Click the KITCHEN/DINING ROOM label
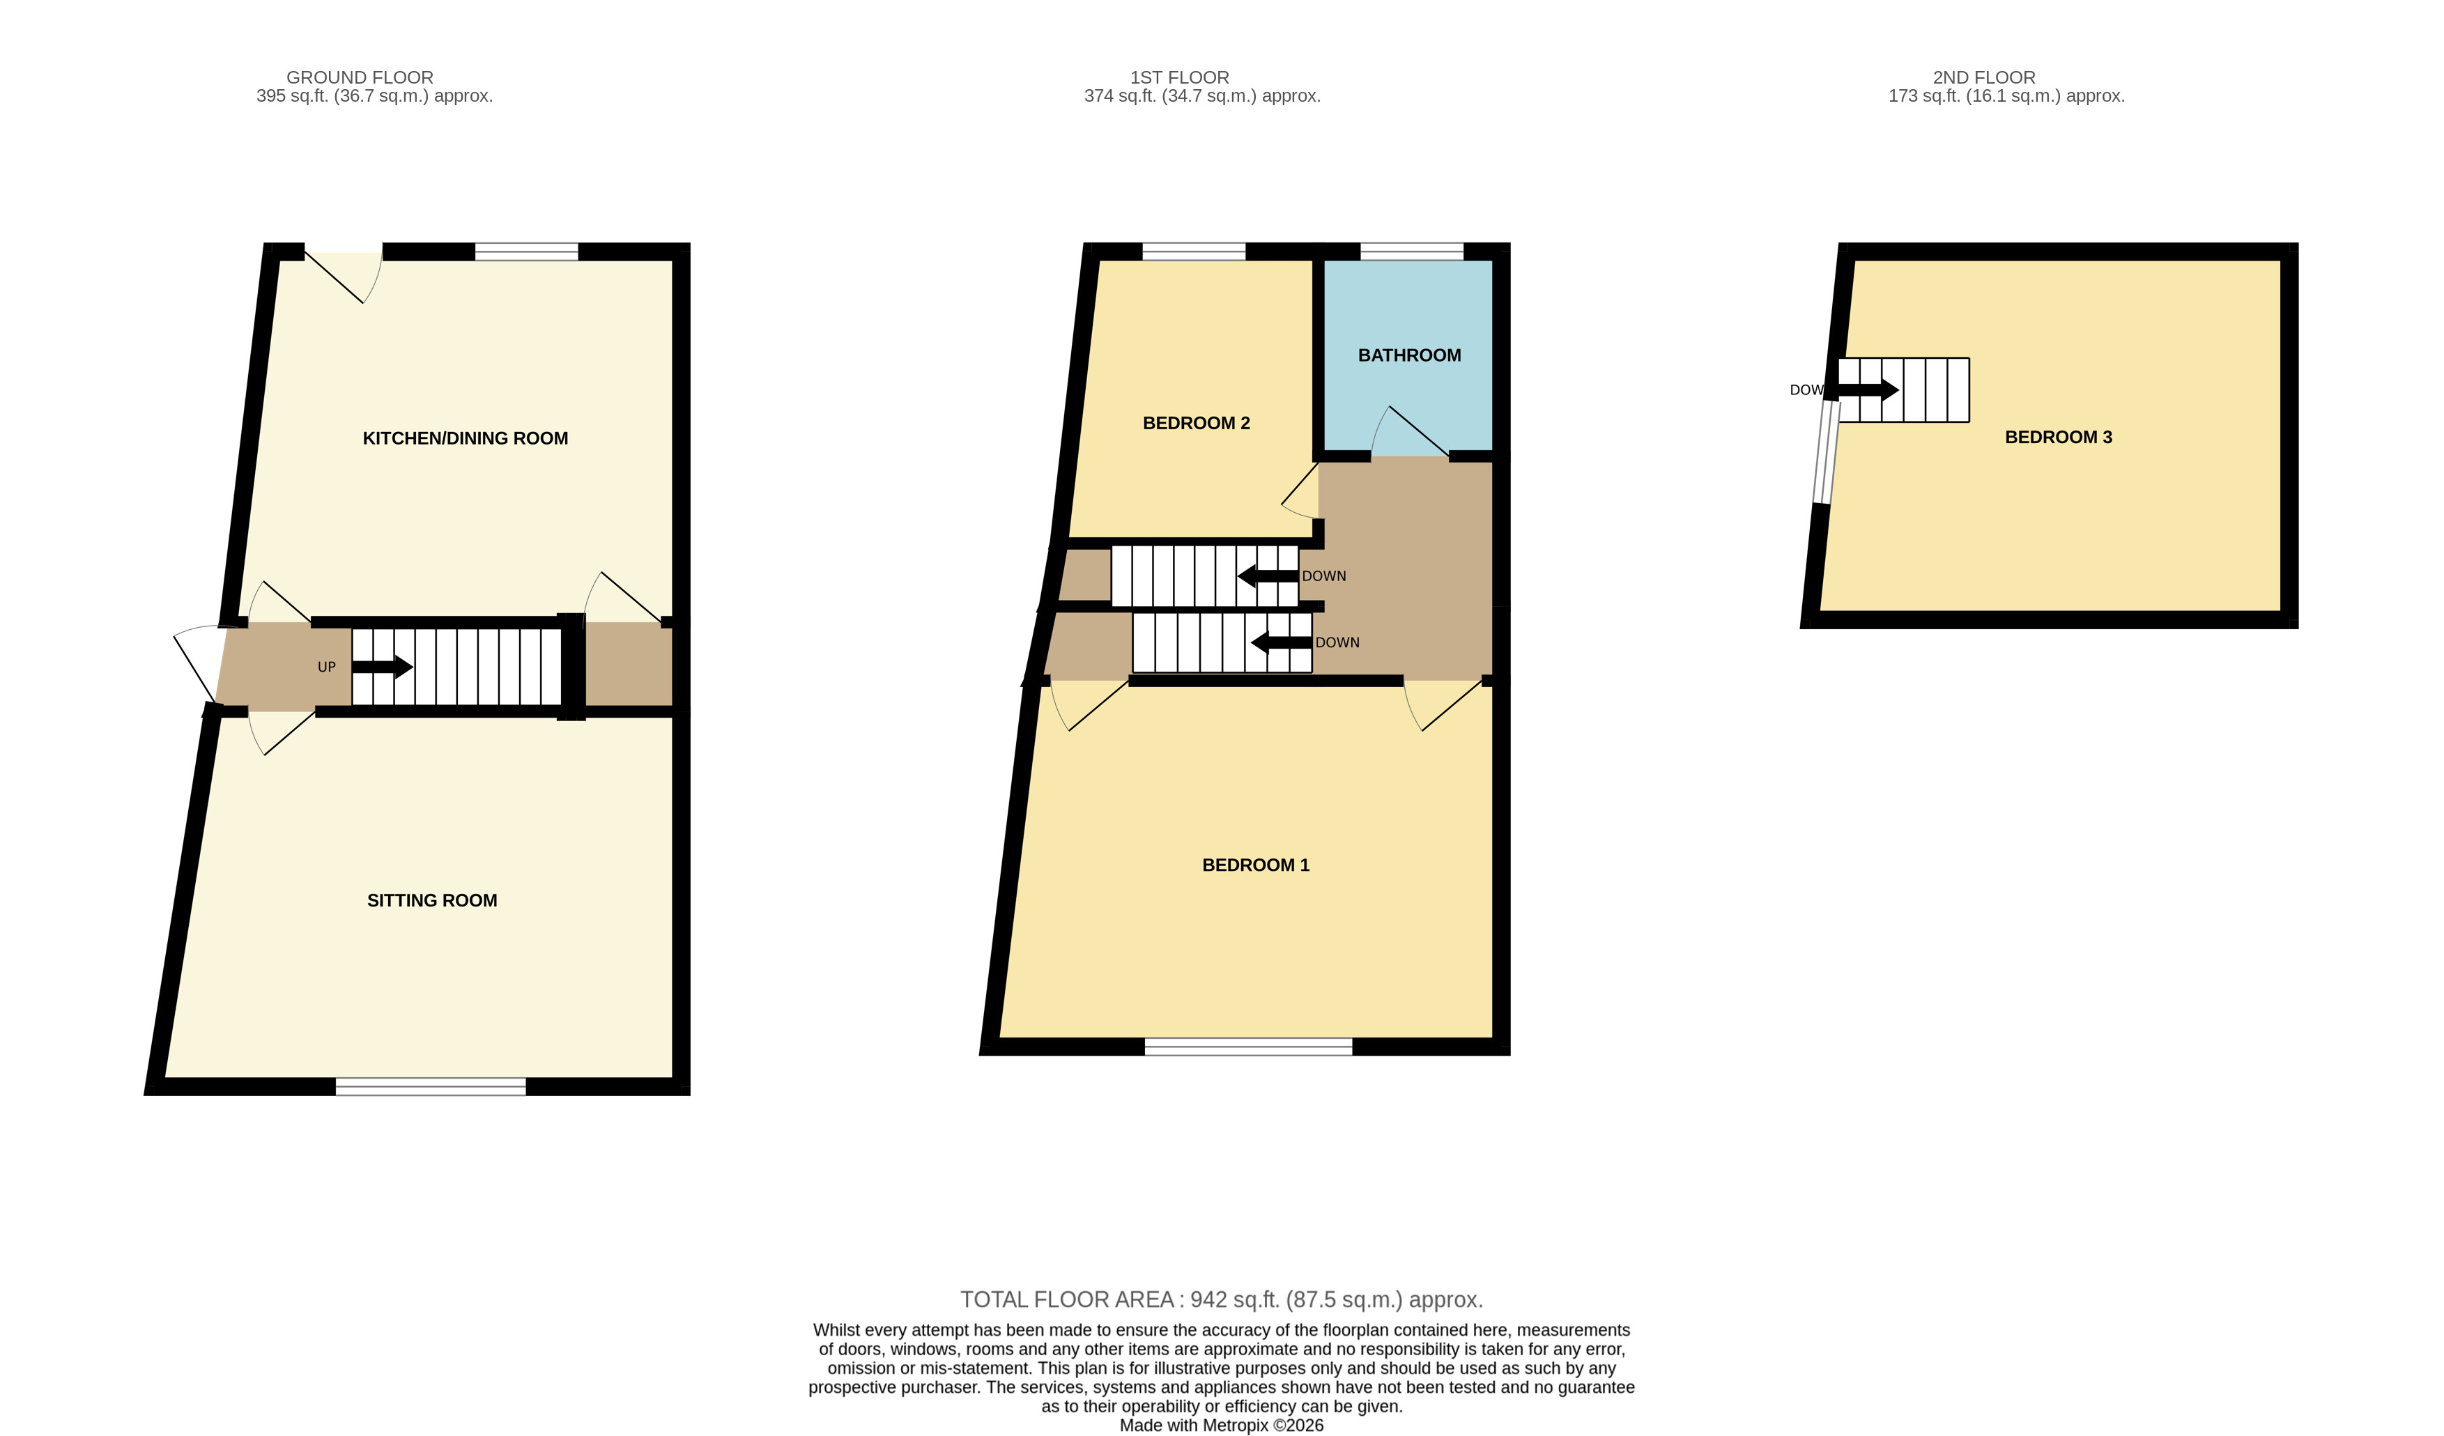click(x=466, y=438)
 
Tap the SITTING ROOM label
click(x=433, y=901)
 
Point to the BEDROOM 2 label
click(x=1197, y=424)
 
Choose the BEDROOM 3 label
click(x=2058, y=438)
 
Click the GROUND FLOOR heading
click(x=360, y=77)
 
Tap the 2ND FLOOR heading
click(x=1983, y=77)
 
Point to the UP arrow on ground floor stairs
click(x=382, y=667)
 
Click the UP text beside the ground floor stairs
click(x=327, y=667)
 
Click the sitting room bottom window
click(x=431, y=1087)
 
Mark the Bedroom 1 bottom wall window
click(x=1248, y=1047)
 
